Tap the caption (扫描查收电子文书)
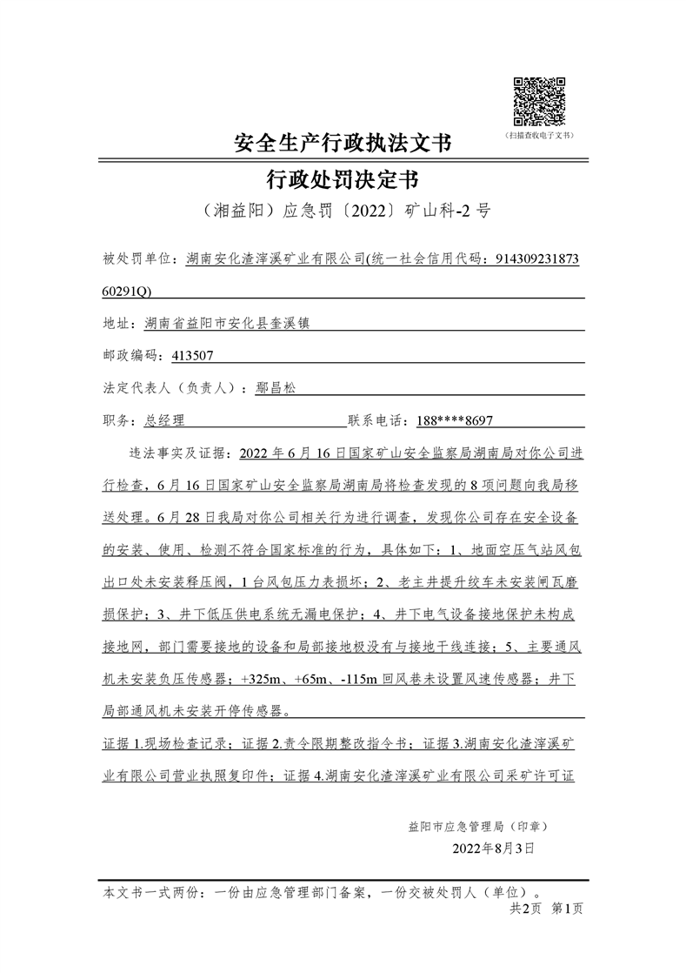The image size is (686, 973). (539, 136)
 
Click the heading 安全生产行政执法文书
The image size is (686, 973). (343, 143)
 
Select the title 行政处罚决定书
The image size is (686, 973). (343, 180)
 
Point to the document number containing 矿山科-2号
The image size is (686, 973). (343, 211)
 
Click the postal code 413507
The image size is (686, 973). (193, 355)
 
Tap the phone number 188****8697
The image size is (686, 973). (455, 420)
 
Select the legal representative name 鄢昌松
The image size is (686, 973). (276, 388)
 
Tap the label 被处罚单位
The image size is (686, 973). (137, 258)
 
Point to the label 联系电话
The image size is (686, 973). (379, 420)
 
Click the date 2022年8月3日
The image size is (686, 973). (493, 847)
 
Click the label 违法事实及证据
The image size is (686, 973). (178, 453)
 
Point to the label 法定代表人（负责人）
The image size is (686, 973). (174, 388)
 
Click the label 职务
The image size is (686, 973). (119, 420)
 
